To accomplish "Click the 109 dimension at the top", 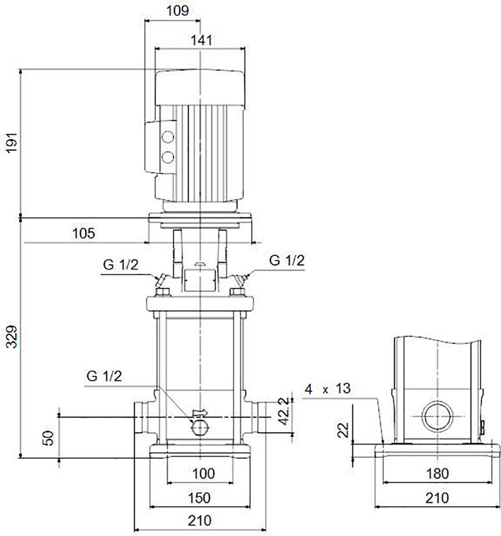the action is point(178,11).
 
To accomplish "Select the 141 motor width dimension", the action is point(201,40).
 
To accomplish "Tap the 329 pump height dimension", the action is point(12,337).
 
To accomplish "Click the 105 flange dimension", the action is point(83,233).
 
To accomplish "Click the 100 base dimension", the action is point(204,474).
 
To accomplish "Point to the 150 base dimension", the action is point(199,498).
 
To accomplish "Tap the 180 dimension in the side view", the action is point(437,474).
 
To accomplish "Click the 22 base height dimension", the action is point(343,430).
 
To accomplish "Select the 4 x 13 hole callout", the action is point(327,389).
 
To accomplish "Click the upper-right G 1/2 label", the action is point(287,260).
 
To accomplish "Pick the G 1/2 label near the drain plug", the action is point(104,376).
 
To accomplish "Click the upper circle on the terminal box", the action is point(167,137).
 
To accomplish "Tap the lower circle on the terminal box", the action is point(167,157).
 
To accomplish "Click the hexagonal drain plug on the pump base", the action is point(199,427).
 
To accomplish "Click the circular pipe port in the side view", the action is point(437,417).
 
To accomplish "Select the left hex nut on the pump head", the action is point(163,292).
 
